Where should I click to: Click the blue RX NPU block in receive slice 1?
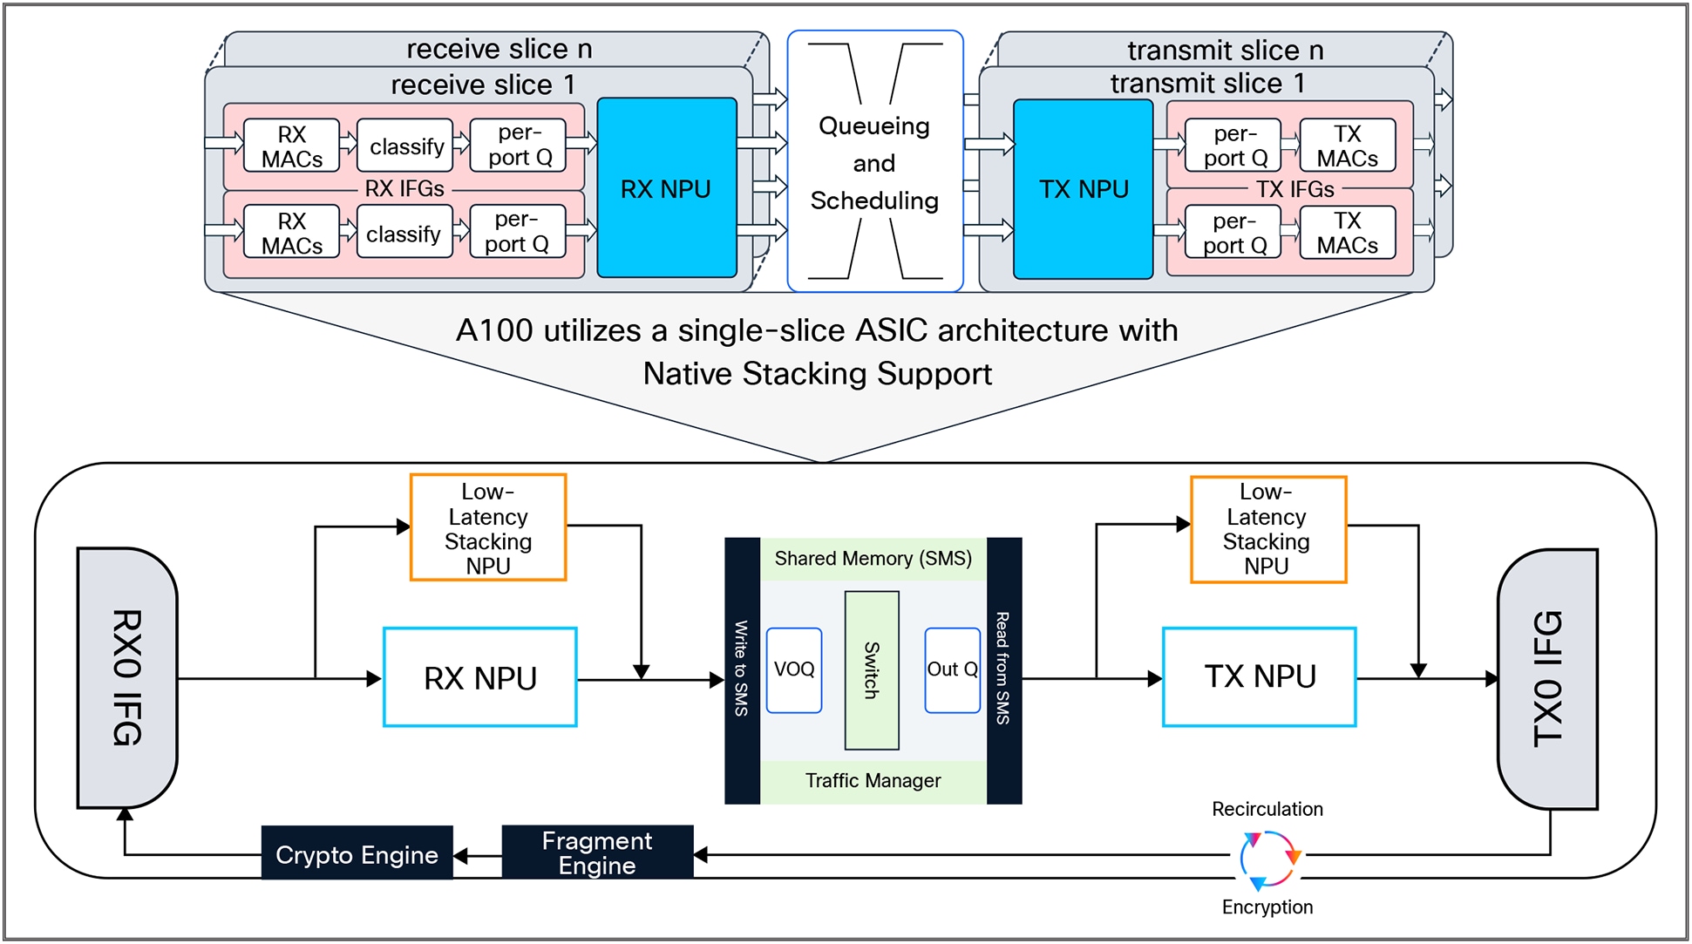pos(667,188)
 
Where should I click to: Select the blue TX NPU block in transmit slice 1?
pos(1084,188)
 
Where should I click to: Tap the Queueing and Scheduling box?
pos(874,162)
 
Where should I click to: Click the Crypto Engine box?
pos(357,854)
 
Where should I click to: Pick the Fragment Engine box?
pos(597,852)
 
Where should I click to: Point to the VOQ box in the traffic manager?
pos(794,669)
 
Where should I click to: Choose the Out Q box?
pos(952,669)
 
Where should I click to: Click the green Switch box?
pos(871,669)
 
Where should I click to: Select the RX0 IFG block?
pos(127,677)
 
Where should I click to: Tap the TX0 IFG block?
pos(1548,678)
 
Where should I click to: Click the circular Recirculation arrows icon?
pos(1269,859)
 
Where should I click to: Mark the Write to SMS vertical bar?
pos(742,669)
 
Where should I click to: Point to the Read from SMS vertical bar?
pos(1003,669)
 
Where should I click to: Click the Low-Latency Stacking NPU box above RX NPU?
pos(488,527)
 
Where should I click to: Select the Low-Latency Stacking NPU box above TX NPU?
pos(1267,529)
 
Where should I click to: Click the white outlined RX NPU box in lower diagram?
pos(480,677)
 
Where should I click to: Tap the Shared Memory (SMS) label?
pos(873,559)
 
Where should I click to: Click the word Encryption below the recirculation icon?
pos(1267,907)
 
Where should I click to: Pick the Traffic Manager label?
pos(873,781)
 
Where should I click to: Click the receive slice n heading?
pos(499,50)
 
